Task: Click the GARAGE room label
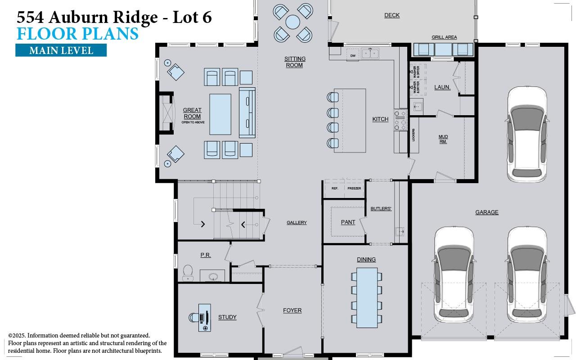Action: click(x=486, y=212)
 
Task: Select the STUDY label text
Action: click(x=227, y=317)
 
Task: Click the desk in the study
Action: click(x=205, y=317)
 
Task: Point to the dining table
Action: click(x=367, y=298)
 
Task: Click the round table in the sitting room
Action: click(x=292, y=22)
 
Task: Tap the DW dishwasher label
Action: click(x=353, y=55)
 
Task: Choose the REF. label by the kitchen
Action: click(x=335, y=188)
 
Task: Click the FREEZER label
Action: click(x=354, y=188)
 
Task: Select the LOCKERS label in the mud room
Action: click(x=413, y=135)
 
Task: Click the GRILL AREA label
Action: click(x=444, y=37)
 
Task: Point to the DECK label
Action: click(x=391, y=15)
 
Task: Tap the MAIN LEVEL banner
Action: click(x=61, y=50)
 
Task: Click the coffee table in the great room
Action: click(x=220, y=114)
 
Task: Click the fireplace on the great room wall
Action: click(x=167, y=113)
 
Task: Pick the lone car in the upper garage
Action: click(x=527, y=134)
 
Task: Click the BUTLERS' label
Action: click(x=381, y=209)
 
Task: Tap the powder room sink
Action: click(x=214, y=275)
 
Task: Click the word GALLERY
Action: click(x=297, y=223)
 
